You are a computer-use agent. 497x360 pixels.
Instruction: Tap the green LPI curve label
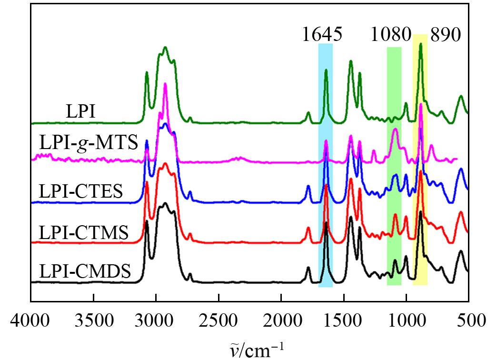[x=80, y=112]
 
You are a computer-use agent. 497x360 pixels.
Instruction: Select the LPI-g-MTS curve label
[x=89, y=142]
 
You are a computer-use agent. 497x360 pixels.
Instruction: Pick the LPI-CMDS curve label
[x=85, y=272]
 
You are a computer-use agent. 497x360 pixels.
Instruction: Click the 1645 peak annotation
[x=322, y=35]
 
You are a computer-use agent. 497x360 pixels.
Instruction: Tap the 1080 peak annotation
[x=392, y=35]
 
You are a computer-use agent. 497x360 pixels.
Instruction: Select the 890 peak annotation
[x=446, y=35]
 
